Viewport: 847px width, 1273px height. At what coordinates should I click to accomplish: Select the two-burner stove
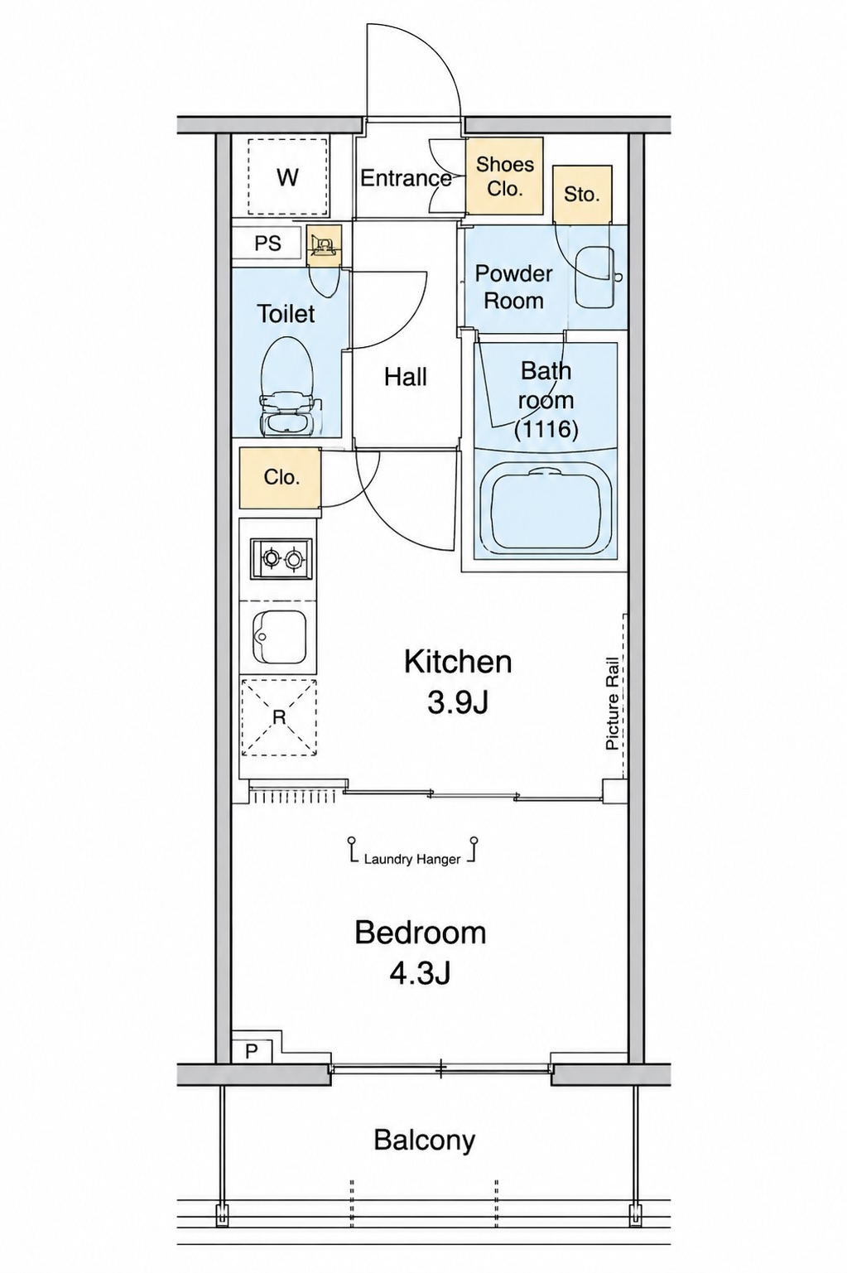point(282,559)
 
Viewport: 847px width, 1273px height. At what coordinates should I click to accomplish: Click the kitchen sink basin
point(281,636)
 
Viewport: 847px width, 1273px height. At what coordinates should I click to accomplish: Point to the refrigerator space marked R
point(279,717)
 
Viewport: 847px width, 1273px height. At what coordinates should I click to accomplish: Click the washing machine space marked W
point(288,177)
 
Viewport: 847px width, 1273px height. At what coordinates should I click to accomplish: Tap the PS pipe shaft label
point(267,244)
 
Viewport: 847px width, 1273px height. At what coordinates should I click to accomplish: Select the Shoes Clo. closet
point(505,176)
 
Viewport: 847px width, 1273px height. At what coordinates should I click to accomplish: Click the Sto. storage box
point(582,195)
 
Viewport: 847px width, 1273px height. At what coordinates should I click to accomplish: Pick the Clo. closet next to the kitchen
point(281,477)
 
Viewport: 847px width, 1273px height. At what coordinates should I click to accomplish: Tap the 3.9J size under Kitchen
point(457,705)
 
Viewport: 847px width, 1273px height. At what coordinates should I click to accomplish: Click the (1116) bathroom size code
point(546,429)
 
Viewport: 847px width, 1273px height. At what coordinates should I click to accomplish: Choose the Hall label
point(406,377)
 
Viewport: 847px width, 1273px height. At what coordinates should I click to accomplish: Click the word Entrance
point(407,178)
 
